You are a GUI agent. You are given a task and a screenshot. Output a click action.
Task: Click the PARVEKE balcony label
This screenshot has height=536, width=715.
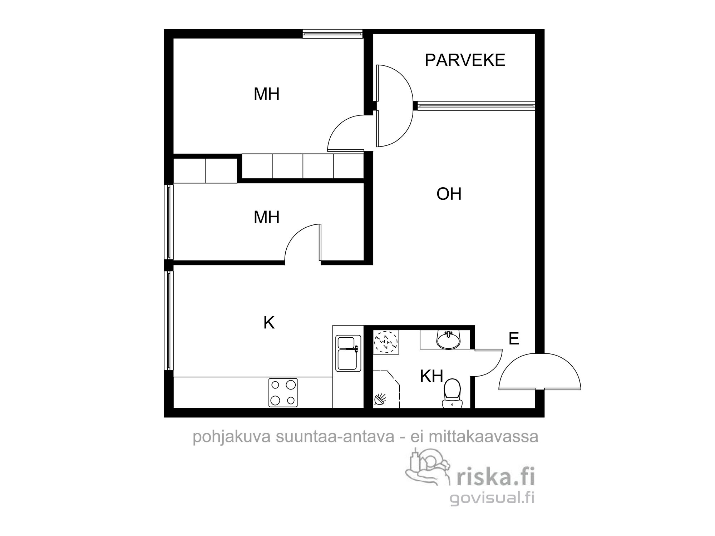pyautogui.click(x=465, y=60)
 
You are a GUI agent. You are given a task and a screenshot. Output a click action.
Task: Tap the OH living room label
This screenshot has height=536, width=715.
pyautogui.click(x=449, y=194)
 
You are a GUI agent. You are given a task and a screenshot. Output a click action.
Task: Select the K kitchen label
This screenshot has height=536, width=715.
pyautogui.click(x=269, y=323)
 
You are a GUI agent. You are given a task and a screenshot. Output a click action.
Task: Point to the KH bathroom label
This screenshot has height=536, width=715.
pyautogui.click(x=432, y=376)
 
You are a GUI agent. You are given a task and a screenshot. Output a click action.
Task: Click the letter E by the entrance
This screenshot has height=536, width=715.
pyautogui.click(x=514, y=338)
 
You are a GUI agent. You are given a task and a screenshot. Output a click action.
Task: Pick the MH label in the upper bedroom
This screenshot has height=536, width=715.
pyautogui.click(x=266, y=94)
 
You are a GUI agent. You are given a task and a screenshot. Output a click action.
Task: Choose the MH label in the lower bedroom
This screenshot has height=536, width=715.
pyautogui.click(x=266, y=217)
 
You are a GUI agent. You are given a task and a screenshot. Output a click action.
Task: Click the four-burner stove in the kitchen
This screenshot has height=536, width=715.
pyautogui.click(x=283, y=392)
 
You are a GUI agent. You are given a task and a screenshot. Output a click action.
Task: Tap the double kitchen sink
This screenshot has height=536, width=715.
pyautogui.click(x=348, y=353)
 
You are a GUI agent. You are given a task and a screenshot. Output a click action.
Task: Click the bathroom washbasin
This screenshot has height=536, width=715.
pyautogui.click(x=448, y=339)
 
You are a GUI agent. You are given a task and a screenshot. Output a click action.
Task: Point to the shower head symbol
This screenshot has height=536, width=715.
pyautogui.click(x=380, y=399)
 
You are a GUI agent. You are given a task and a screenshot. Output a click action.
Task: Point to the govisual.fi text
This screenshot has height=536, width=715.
pyautogui.click(x=492, y=498)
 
